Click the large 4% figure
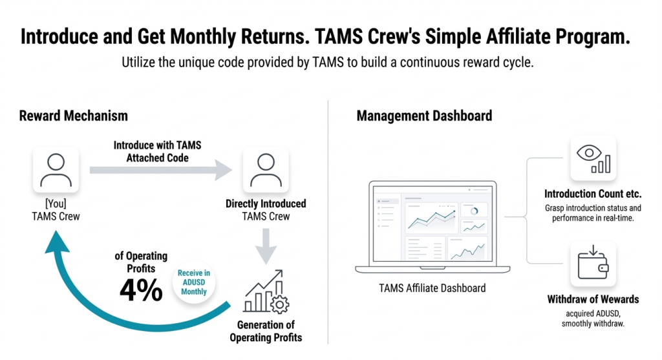click(x=140, y=291)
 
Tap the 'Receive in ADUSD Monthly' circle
click(x=194, y=282)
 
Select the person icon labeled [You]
click(x=56, y=170)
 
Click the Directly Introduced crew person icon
click(x=265, y=170)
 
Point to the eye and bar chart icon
click(x=593, y=158)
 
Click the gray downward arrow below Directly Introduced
click(x=266, y=246)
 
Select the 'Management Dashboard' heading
click(x=424, y=116)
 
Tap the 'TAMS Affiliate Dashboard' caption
click(x=432, y=288)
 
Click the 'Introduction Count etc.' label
click(x=592, y=194)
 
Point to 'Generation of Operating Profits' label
click(x=266, y=331)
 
